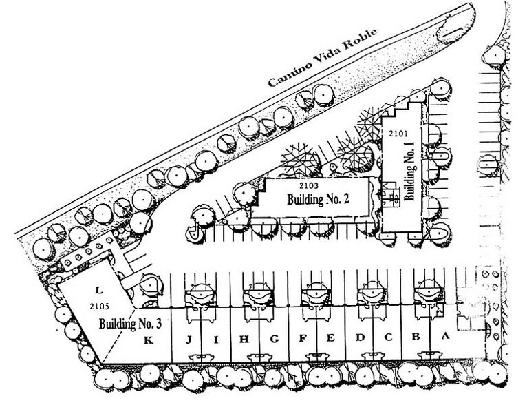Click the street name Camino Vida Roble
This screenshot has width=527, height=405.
(x=323, y=57)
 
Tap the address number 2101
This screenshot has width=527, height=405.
(x=398, y=134)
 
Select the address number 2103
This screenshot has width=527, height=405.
(x=309, y=185)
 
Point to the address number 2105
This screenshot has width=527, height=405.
(x=100, y=306)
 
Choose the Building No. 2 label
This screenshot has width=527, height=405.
(x=318, y=199)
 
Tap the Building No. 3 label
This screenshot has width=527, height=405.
(x=131, y=324)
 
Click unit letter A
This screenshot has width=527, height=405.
(x=445, y=335)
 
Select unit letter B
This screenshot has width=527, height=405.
(x=416, y=336)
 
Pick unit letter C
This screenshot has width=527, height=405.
(x=388, y=337)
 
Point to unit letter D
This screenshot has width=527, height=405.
(x=360, y=337)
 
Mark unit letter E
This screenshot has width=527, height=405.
(x=331, y=337)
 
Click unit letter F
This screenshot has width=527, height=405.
(x=303, y=338)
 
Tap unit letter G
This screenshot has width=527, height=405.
(x=275, y=339)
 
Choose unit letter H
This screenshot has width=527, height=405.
(x=244, y=340)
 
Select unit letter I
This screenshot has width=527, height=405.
(x=216, y=340)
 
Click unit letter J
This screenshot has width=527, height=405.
(x=189, y=340)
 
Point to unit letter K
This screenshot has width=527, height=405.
(x=149, y=341)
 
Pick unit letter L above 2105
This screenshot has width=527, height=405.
(x=98, y=289)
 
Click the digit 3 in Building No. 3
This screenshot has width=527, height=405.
(x=159, y=324)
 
